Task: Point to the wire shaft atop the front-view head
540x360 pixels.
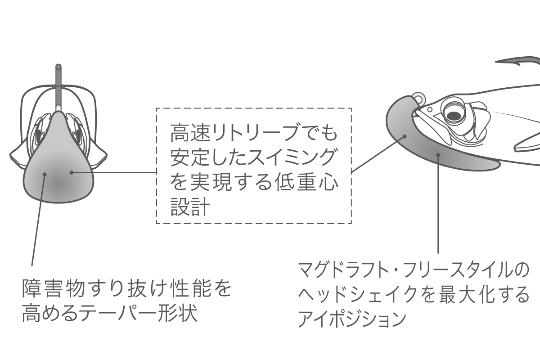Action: point(58,85)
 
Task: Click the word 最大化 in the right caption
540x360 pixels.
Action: point(468,295)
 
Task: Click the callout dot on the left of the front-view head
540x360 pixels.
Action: point(45,175)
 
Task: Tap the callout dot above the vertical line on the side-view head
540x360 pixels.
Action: point(438,155)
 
